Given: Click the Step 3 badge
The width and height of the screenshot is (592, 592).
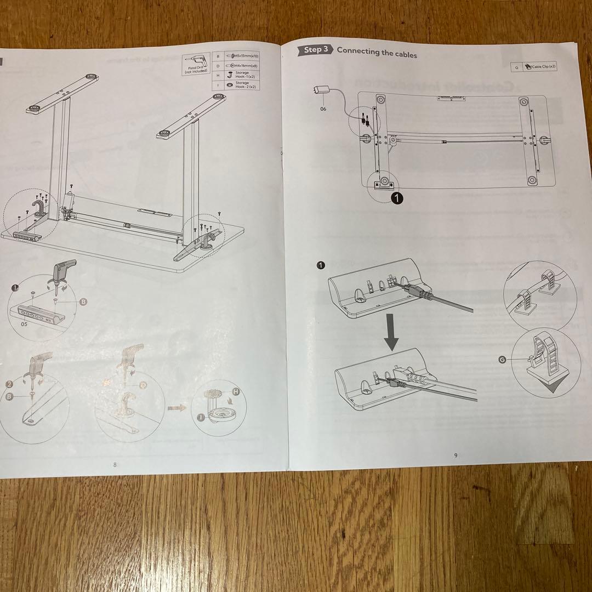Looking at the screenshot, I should [x=315, y=50].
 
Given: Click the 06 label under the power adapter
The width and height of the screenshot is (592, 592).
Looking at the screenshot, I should [x=323, y=109].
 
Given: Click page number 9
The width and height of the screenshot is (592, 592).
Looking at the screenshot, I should [x=455, y=454].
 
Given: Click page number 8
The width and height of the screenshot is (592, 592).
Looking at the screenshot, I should [x=115, y=464].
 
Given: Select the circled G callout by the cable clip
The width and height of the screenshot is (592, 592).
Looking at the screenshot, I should [x=502, y=360].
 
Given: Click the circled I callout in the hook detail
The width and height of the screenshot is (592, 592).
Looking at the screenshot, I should [x=201, y=418].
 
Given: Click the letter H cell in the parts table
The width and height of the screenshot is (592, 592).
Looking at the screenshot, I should [x=218, y=75].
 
